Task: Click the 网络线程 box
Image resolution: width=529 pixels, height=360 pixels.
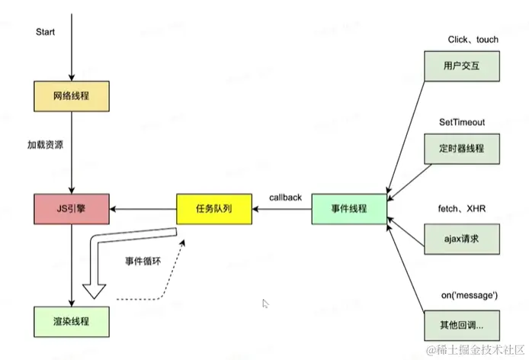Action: (71, 97)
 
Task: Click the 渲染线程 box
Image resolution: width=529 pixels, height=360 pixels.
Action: (71, 321)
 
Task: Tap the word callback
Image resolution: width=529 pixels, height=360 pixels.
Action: (285, 198)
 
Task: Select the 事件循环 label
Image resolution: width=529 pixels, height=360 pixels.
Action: (143, 261)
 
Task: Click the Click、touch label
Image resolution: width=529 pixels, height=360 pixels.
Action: (473, 40)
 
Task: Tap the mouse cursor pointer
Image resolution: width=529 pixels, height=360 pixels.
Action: (265, 304)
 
